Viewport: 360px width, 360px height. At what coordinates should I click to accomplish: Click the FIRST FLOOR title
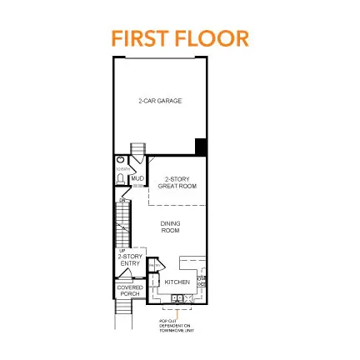point(180,38)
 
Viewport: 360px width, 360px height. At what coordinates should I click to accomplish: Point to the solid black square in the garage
point(201,147)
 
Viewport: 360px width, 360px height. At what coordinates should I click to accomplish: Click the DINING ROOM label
point(170,226)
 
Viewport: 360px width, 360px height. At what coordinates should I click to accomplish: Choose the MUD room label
point(137,178)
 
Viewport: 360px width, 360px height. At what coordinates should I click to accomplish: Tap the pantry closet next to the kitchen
point(154,282)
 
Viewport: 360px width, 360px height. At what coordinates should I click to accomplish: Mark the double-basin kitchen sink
point(178,297)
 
